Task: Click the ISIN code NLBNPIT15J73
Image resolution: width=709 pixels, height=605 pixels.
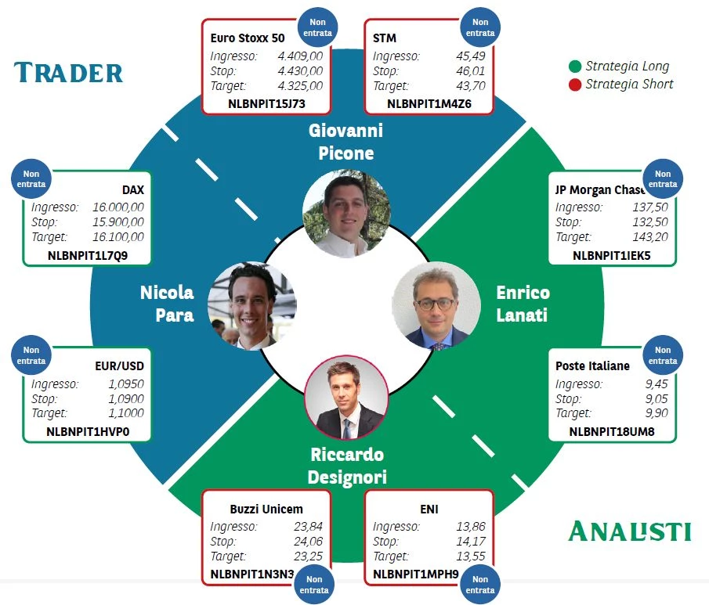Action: (x=266, y=104)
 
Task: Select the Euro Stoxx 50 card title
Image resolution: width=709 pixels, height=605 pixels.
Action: (x=248, y=38)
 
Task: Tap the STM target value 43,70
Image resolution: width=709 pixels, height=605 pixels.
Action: (x=471, y=86)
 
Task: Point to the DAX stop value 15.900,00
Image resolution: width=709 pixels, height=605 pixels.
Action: (x=118, y=222)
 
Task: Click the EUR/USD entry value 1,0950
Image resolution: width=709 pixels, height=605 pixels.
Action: (x=126, y=384)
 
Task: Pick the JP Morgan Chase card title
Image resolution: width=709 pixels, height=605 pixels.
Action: (x=600, y=190)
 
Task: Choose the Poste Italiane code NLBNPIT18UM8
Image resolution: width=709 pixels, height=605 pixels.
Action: (x=612, y=432)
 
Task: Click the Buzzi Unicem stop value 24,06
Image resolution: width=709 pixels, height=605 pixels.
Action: (x=309, y=542)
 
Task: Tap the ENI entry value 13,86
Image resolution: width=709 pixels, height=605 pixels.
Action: (x=471, y=527)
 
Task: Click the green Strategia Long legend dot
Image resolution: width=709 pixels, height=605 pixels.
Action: (x=575, y=67)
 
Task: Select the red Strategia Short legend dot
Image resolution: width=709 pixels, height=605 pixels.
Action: (x=575, y=85)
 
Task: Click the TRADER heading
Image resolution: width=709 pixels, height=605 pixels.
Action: (x=68, y=73)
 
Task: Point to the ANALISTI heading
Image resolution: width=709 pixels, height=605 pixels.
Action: (x=630, y=531)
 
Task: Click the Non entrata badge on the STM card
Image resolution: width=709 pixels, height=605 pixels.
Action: (x=480, y=27)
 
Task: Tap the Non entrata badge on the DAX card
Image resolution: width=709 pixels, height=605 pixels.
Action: (x=31, y=179)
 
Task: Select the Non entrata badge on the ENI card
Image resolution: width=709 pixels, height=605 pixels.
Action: (x=480, y=585)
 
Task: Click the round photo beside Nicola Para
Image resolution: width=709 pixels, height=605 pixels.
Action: (x=252, y=306)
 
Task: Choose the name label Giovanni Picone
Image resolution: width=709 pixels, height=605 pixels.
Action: (x=346, y=142)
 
